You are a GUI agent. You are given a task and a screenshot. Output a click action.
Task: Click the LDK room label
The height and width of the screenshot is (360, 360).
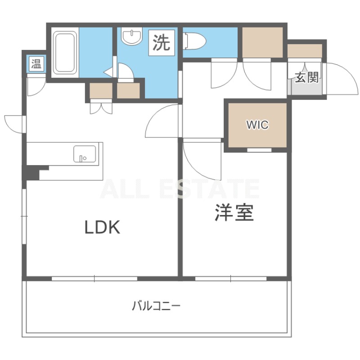pyautogui.click(x=103, y=227)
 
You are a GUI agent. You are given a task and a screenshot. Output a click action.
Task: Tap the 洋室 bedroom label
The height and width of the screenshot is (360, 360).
pyautogui.click(x=234, y=213)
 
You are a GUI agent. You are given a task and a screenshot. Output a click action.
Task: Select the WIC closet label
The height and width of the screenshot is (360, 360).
pyautogui.click(x=257, y=125)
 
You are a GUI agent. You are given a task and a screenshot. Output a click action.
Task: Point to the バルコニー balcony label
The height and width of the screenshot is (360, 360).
pyautogui.click(x=156, y=306)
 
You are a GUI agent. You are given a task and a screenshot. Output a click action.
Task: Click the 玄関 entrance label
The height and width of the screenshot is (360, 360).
pyautogui.click(x=307, y=77)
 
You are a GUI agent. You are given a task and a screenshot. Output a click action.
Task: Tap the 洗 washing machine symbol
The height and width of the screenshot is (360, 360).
pyautogui.click(x=162, y=43)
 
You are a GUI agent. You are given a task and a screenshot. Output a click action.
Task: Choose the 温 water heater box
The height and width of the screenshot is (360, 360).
pyautogui.click(x=36, y=63)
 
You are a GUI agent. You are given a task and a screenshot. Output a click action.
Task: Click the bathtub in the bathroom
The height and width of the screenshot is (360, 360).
pyautogui.click(x=65, y=53)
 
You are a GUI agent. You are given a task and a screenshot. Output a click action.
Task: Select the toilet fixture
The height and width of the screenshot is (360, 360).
pyautogui.click(x=194, y=41)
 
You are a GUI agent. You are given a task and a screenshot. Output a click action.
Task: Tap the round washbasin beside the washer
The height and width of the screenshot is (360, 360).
pyautogui.click(x=132, y=36)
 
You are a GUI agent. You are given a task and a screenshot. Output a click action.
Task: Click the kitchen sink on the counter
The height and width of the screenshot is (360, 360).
pyautogui.click(x=85, y=154)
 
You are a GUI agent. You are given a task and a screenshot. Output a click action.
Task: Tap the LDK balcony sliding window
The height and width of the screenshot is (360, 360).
pyautogui.click(x=94, y=279)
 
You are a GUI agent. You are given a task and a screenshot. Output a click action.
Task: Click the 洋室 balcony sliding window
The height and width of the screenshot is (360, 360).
pyautogui.click(x=231, y=279)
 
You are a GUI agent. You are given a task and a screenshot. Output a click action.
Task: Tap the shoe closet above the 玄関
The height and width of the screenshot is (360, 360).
pyautogui.click(x=305, y=51)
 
